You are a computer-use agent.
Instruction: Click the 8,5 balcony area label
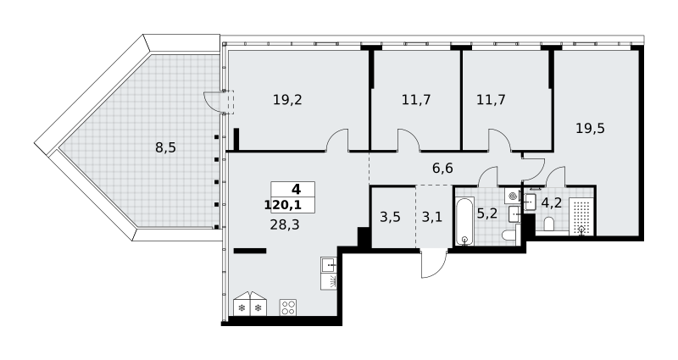[x=165, y=147]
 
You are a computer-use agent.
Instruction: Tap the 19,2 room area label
[x=287, y=100]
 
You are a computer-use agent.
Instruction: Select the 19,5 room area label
[x=590, y=128]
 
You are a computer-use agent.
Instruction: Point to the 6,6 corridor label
[x=442, y=168]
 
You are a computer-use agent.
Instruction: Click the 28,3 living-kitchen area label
[x=285, y=224]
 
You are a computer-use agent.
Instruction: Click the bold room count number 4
[x=296, y=189]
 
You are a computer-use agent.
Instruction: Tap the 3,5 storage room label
[x=390, y=217]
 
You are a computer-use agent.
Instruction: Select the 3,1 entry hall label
[x=432, y=217]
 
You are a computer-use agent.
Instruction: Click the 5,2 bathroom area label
[x=486, y=213]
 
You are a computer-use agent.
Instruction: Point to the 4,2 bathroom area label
[x=552, y=202]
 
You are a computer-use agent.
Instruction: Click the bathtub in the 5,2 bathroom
[x=464, y=221]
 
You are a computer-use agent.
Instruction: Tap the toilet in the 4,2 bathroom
[x=549, y=224]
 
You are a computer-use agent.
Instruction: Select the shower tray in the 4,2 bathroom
[x=581, y=217]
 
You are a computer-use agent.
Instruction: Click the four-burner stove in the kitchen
[x=288, y=307]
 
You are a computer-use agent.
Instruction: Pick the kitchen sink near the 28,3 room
[x=329, y=264]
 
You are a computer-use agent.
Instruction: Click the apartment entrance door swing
[x=434, y=263]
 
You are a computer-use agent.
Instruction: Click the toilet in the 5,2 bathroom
[x=509, y=236]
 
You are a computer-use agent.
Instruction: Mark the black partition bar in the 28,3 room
[x=250, y=251]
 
